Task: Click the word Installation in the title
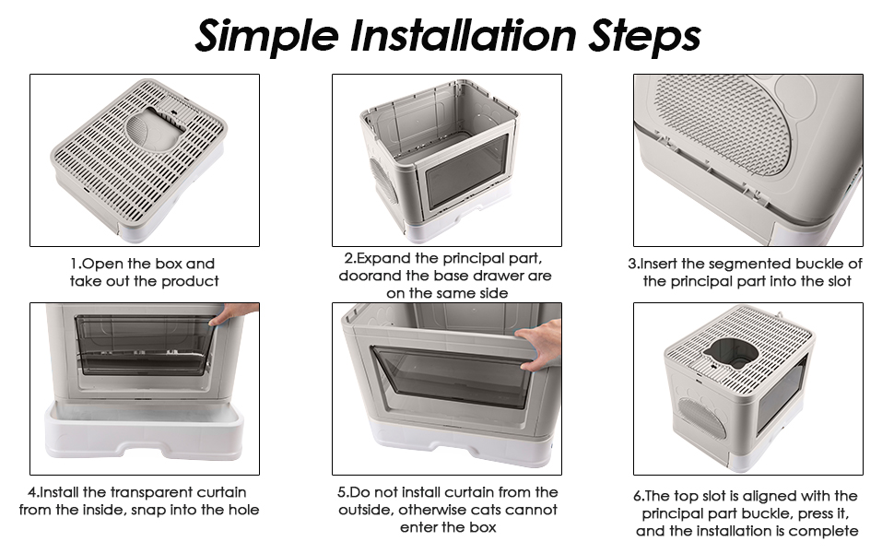click(x=463, y=35)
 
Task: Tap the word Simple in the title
click(x=267, y=37)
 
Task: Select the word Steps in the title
click(x=644, y=37)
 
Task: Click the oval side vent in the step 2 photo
click(x=383, y=180)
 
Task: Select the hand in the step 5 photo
click(x=539, y=344)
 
